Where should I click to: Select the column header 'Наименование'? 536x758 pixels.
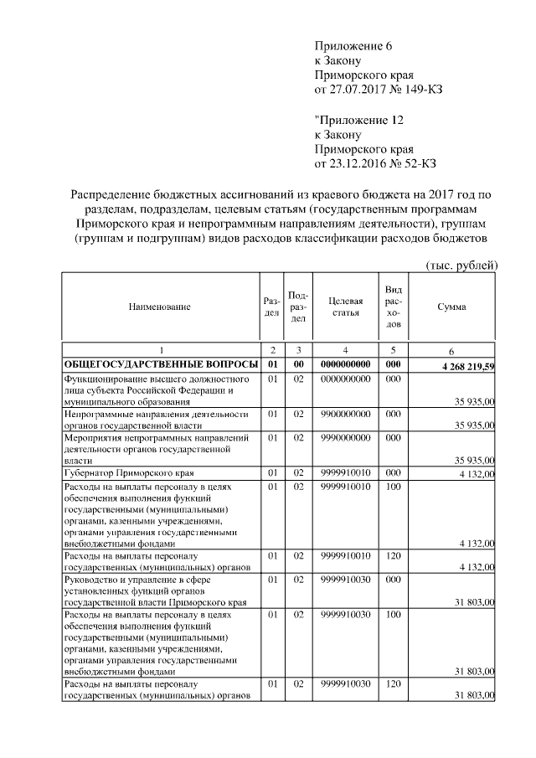(159, 307)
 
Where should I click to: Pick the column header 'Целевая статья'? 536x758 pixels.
(345, 307)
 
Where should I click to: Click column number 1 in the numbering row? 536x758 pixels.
(161, 350)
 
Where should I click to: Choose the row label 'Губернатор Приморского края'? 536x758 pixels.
(123, 474)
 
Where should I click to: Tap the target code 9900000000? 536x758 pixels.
(345, 414)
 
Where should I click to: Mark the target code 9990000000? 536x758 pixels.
(345, 437)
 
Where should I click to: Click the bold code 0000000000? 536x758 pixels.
(345, 365)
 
